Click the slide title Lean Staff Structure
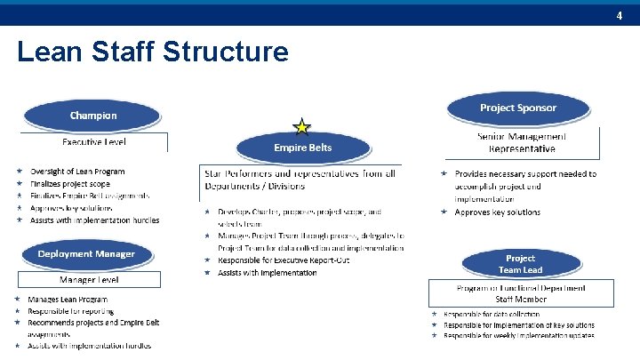pyautogui.click(x=152, y=52)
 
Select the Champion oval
pyautogui.click(x=93, y=116)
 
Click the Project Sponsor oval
pyautogui.click(x=517, y=108)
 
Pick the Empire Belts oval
pyautogui.click(x=302, y=148)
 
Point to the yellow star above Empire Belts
pyautogui.click(x=302, y=127)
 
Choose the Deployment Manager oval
pyautogui.click(x=86, y=254)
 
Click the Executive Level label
pyautogui.click(x=93, y=142)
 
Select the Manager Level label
pyautogui.click(x=90, y=279)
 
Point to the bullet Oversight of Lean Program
pyautogui.click(x=77, y=172)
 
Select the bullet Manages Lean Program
pyautogui.click(x=68, y=300)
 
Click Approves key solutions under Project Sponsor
pyautogui.click(x=497, y=212)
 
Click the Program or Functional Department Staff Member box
pyautogui.click(x=520, y=294)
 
